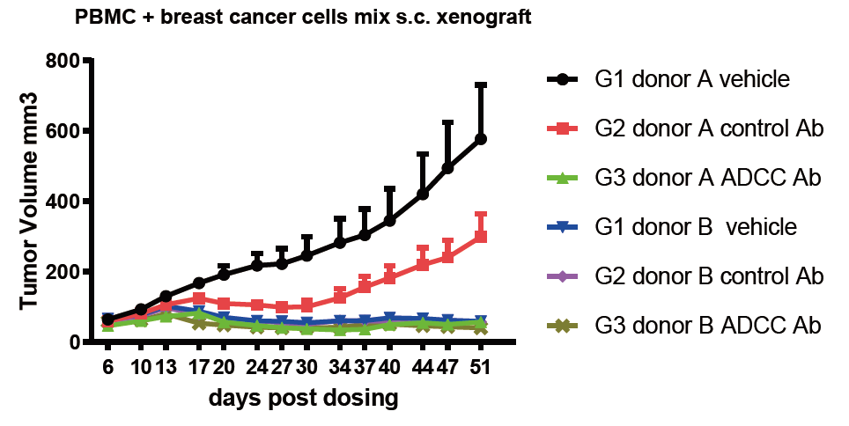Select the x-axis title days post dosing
click(303, 399)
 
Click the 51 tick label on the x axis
click(481, 369)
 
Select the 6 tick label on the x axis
click(107, 369)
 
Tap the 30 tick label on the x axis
click(307, 369)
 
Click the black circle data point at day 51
click(481, 139)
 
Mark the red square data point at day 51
click(481, 237)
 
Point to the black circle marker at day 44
click(423, 194)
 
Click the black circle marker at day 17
click(199, 283)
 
